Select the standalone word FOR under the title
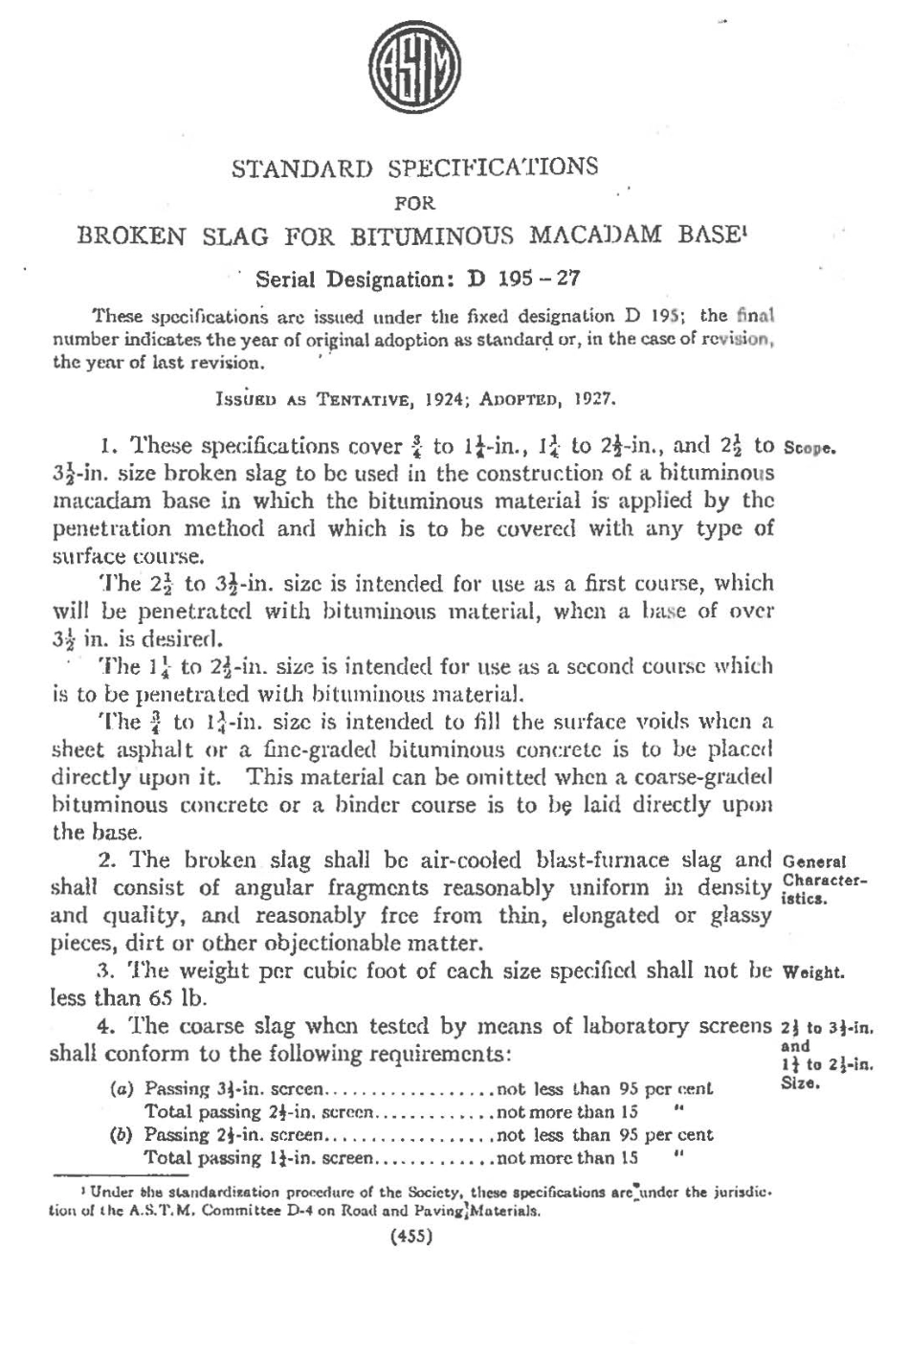(414, 202)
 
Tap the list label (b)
(122, 1136)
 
